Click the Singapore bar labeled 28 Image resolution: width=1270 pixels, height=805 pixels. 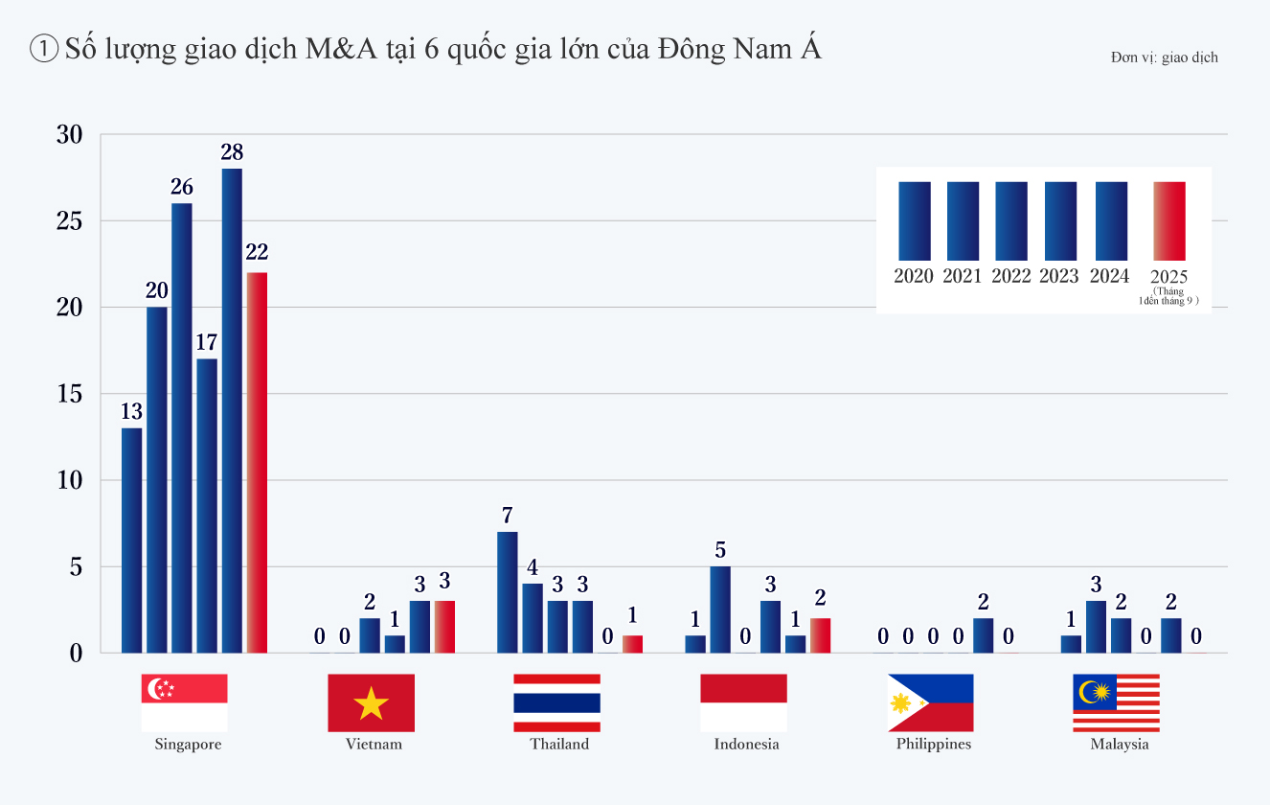[232, 410]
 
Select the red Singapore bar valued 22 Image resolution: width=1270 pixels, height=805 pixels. [257, 462]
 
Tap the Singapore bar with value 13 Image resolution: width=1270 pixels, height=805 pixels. [132, 540]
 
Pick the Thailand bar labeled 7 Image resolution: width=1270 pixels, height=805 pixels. [508, 591]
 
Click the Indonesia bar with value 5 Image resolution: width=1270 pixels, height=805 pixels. [720, 609]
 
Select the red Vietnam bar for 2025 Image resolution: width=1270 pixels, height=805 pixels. [444, 626]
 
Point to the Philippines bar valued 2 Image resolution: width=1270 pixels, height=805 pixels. [983, 634]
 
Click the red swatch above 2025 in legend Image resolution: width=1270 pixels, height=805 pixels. [1169, 220]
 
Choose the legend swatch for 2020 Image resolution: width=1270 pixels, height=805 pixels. [915, 220]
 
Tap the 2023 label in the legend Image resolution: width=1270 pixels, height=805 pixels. [1059, 276]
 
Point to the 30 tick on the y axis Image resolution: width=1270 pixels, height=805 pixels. [70, 135]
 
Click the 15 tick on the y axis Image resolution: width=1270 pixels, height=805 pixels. [70, 394]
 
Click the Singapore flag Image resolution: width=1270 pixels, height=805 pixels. [184, 702]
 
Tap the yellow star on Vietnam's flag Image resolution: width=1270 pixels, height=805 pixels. [371, 704]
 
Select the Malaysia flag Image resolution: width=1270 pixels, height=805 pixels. [1116, 702]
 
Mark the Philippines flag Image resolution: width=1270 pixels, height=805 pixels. [930, 702]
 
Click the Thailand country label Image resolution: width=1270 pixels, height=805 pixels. [559, 745]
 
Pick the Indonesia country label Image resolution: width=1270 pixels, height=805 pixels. [746, 745]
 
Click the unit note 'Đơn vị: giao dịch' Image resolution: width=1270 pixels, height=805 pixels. [1165, 57]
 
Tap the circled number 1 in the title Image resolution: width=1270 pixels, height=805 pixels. [45, 50]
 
